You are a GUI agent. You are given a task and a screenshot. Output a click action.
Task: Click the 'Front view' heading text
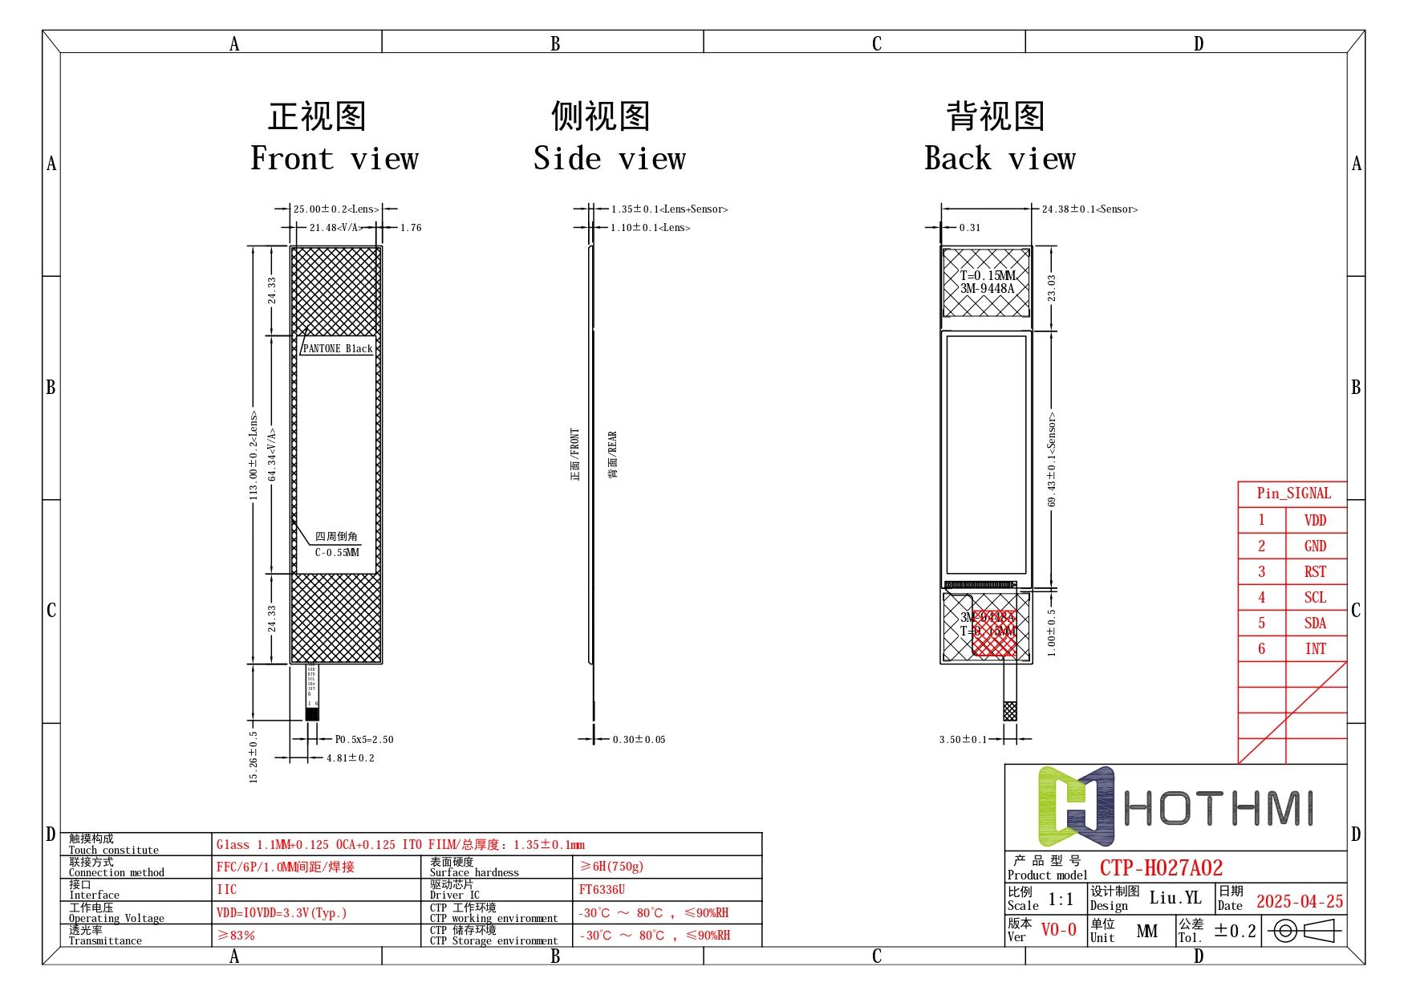(x=335, y=159)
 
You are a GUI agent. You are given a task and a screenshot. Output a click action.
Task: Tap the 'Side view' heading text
(x=610, y=159)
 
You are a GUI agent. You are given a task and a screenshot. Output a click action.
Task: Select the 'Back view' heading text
(x=1000, y=159)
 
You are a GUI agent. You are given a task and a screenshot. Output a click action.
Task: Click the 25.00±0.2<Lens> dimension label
(x=335, y=209)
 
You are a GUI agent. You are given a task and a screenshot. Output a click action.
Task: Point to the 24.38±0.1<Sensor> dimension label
(x=1089, y=209)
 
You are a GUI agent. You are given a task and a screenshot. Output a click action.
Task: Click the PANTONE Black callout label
(x=338, y=349)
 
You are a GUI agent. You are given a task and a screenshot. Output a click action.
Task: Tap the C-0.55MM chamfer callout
(x=337, y=553)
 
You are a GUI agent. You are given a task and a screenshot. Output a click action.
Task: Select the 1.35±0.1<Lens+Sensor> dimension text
(x=669, y=209)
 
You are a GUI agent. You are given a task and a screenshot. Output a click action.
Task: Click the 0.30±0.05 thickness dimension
(x=639, y=740)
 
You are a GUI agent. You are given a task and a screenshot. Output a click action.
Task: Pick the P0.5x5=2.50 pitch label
(x=364, y=740)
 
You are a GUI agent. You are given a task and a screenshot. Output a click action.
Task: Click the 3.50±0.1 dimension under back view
(x=963, y=740)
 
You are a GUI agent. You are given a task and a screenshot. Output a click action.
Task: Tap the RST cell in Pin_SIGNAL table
(x=1315, y=572)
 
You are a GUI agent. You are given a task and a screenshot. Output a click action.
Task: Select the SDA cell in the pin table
(x=1315, y=623)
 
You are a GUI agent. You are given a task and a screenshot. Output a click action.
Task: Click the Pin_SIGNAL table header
(x=1293, y=493)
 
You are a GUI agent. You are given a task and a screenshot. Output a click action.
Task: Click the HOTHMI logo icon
(x=1076, y=806)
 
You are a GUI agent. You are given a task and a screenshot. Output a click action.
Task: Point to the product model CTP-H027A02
(x=1161, y=868)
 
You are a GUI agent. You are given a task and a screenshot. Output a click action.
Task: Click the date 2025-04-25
(x=1299, y=902)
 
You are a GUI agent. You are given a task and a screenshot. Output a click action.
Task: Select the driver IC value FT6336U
(x=602, y=890)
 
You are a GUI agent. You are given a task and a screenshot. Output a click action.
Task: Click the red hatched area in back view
(x=995, y=634)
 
